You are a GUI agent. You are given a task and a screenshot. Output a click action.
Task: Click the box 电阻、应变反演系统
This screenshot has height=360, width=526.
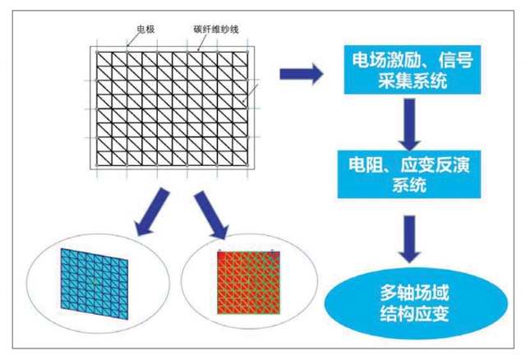coord(405,173)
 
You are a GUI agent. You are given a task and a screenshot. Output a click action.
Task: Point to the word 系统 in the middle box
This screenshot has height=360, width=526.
coord(405,186)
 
